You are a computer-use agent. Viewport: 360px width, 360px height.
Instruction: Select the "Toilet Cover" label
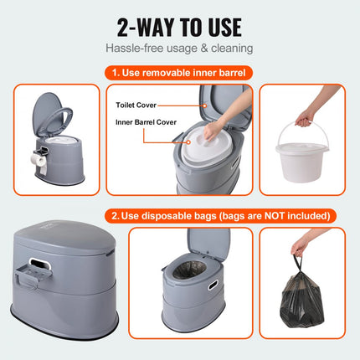click(135, 106)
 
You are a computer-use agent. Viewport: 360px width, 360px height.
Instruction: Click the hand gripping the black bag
click(301, 247)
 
